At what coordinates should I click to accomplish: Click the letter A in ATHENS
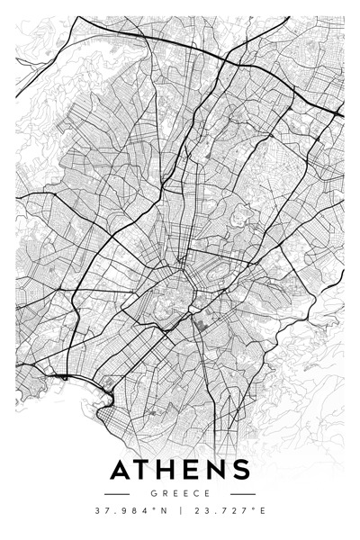[121, 471]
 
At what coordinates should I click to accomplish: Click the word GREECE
[180, 493]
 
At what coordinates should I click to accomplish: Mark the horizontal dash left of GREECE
[118, 494]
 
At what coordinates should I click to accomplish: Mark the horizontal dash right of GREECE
[241, 494]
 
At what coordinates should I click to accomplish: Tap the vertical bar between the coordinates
[180, 511]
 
